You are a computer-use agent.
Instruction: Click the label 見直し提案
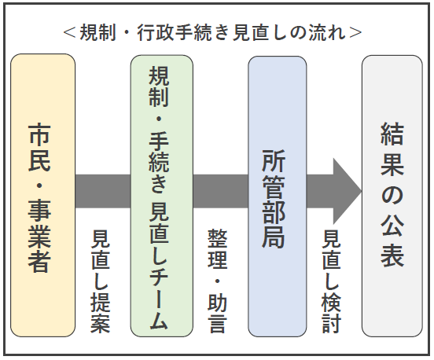(101, 280)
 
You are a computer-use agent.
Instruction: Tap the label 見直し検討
(332, 280)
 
